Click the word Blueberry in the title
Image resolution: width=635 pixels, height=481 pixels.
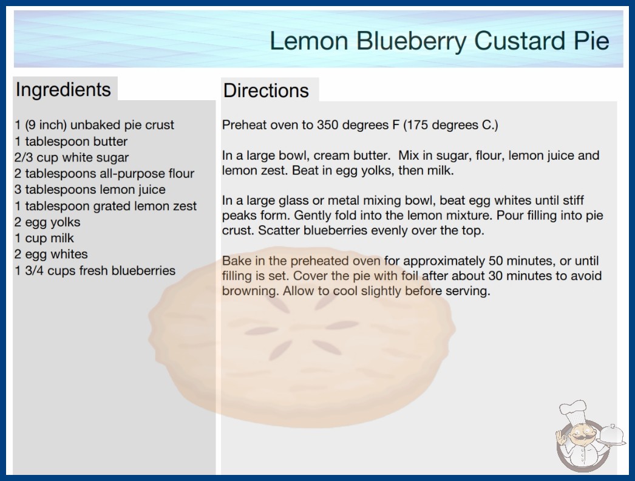pos(411,42)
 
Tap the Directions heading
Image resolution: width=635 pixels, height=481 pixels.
pos(266,90)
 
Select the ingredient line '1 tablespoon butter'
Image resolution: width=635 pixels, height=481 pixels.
pos(71,142)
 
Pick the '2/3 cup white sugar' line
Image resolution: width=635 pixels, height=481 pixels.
pos(71,158)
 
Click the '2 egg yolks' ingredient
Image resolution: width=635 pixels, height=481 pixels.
pos(47,222)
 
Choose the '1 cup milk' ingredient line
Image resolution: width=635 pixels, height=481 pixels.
pos(44,238)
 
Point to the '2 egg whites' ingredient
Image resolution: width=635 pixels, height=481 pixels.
pos(51,254)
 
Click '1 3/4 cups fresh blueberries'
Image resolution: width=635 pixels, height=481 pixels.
pos(95,271)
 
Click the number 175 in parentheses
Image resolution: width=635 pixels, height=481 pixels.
pos(417,125)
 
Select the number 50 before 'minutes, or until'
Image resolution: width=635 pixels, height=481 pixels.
pos(497,261)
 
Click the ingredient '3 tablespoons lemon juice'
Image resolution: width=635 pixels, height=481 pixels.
pos(90,190)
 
